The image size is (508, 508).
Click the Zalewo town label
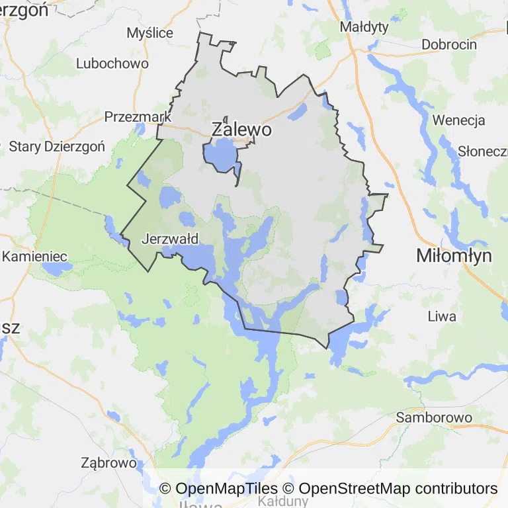(x=241, y=130)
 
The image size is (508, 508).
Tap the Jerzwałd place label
(x=170, y=239)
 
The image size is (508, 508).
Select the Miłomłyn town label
(x=454, y=256)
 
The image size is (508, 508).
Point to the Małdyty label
(x=364, y=27)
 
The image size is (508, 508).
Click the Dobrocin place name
(x=449, y=45)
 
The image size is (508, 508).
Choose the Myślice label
(x=149, y=33)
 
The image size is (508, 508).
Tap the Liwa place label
(x=442, y=316)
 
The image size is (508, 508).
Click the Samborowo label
(x=434, y=417)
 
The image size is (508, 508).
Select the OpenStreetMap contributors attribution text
(x=390, y=489)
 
